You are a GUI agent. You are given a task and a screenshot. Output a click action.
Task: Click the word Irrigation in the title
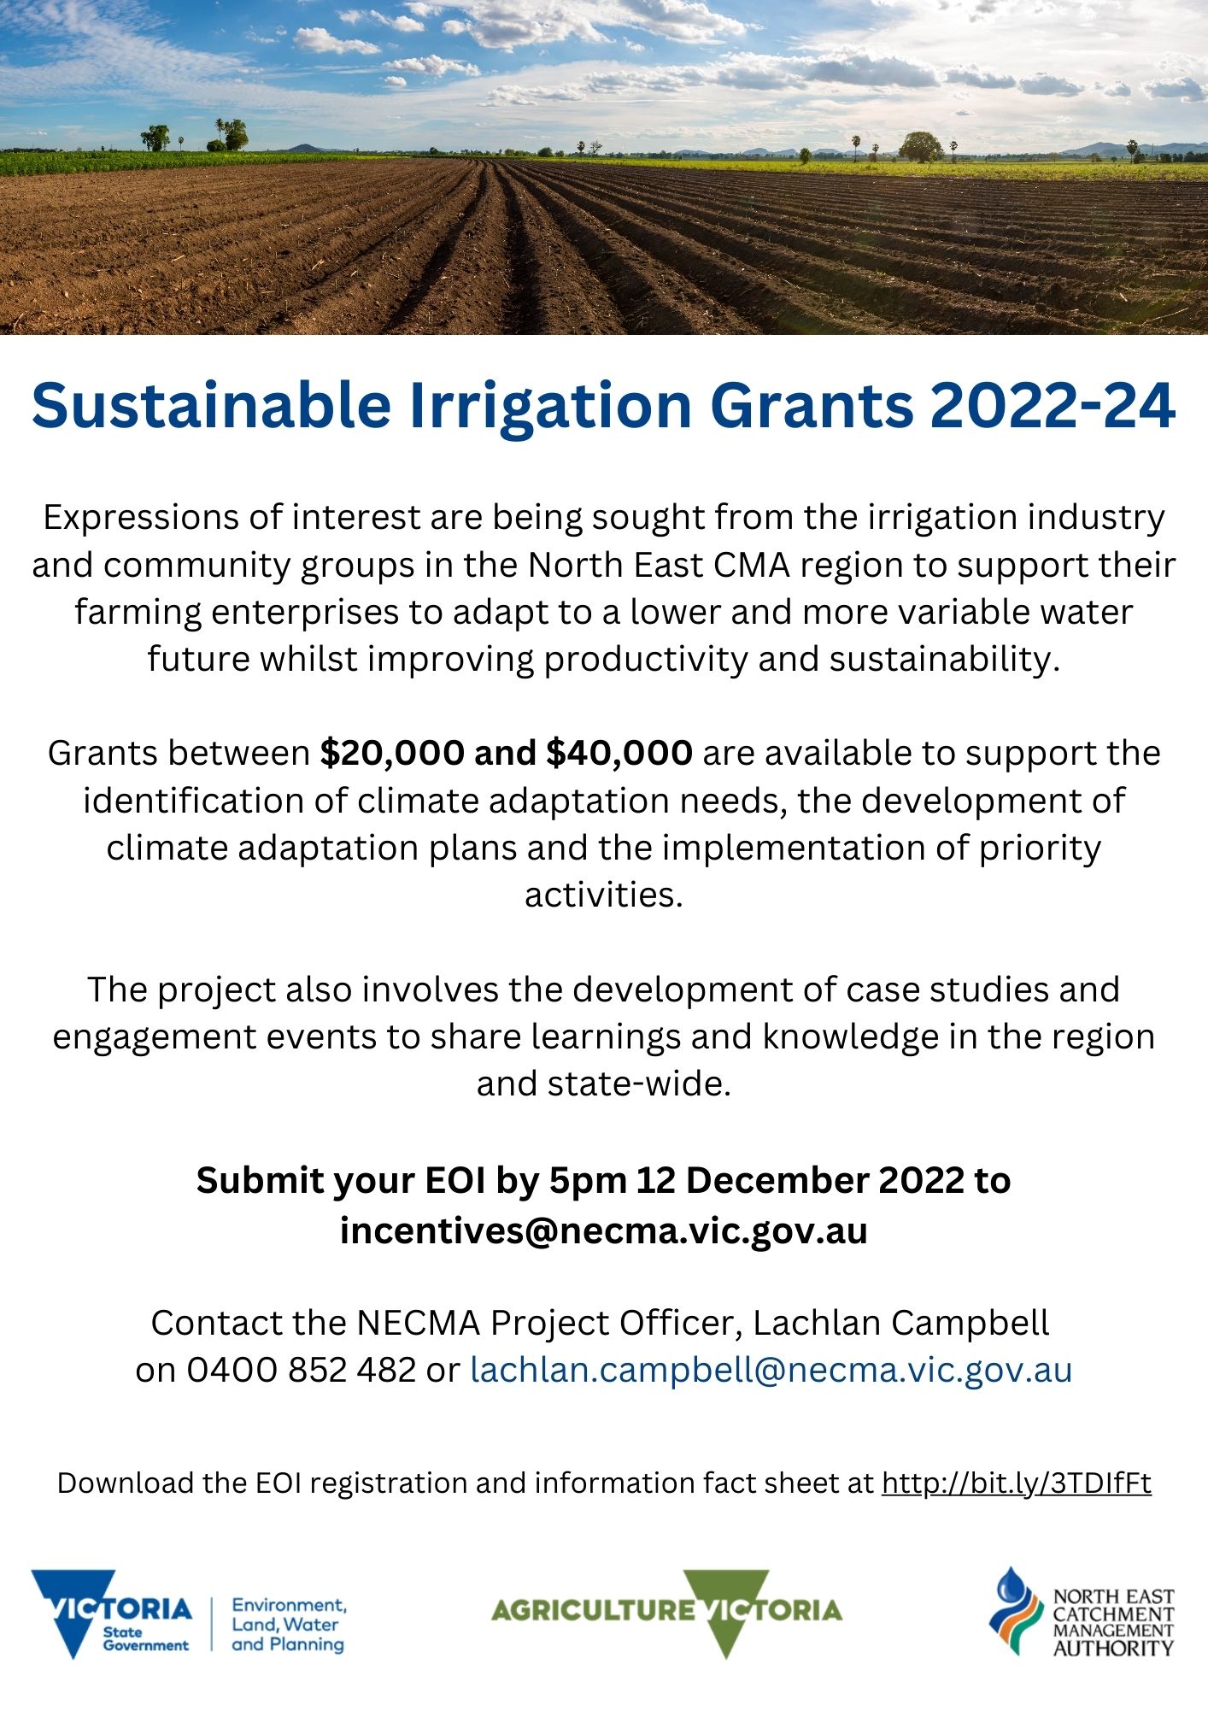pos(550,405)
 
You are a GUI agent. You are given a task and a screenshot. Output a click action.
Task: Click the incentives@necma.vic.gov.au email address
pos(603,1230)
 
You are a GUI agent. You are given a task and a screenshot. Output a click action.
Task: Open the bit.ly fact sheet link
pos(1016,1483)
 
